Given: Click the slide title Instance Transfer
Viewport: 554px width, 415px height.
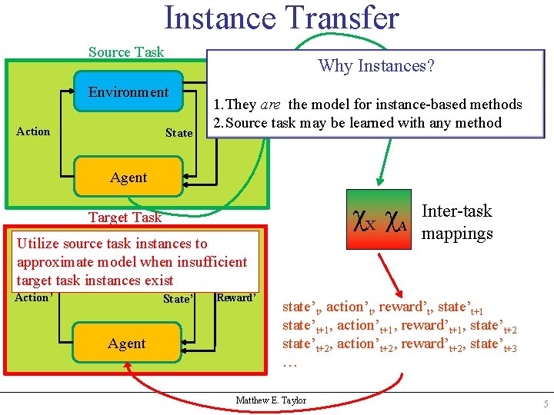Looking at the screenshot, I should [x=282, y=18].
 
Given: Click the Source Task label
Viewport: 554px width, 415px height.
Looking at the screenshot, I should [x=126, y=52].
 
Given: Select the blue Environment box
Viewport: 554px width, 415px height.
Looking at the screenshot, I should [x=128, y=92].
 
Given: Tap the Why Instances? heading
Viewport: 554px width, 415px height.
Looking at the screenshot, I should [x=376, y=66].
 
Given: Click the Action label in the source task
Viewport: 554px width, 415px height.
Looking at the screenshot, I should [x=33, y=131].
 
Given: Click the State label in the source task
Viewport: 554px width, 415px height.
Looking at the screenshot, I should [x=179, y=133].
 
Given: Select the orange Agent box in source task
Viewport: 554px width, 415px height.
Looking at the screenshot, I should [x=128, y=178].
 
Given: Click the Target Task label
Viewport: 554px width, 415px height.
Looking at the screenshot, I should [x=125, y=217].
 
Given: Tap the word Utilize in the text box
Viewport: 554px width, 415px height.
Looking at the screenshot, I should [x=40, y=244].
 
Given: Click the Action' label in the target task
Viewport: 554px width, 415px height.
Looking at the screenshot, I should [x=33, y=298].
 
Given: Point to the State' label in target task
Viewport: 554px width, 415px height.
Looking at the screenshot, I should [x=179, y=299].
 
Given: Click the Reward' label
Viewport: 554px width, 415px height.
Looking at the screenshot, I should [x=236, y=297].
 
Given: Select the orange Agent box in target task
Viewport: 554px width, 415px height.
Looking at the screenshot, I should [x=127, y=344].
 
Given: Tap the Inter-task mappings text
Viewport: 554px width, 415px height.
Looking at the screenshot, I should [x=457, y=222].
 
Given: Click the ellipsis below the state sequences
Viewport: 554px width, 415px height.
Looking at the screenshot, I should [x=290, y=362].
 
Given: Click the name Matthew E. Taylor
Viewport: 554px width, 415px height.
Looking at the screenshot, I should [x=271, y=400].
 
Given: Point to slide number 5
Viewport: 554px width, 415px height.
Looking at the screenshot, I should [x=544, y=404].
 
